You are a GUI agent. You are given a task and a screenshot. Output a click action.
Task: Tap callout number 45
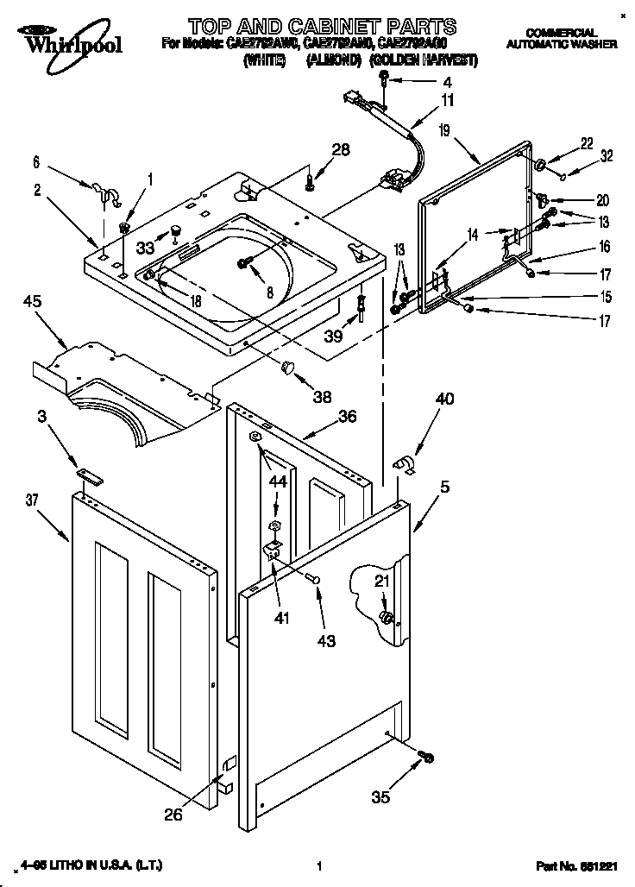33,302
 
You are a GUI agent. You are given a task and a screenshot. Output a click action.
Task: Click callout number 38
322,398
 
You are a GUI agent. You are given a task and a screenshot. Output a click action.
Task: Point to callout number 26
173,814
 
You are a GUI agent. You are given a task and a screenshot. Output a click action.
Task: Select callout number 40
443,399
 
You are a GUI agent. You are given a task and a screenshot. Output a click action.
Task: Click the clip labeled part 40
404,466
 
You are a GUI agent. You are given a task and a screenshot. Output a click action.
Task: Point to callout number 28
341,149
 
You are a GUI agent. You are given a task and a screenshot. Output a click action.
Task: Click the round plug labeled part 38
288,368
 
